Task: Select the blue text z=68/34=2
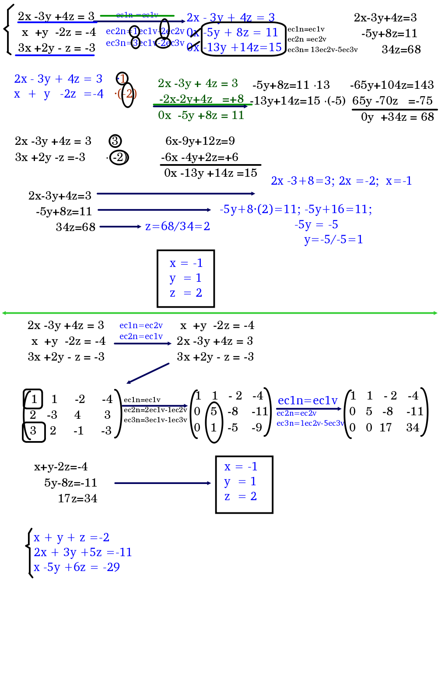[x=177, y=226]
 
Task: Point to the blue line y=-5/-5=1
[x=333, y=239]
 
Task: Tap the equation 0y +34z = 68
[x=397, y=117]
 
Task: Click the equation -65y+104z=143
[x=392, y=85]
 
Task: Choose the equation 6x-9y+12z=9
[x=200, y=141]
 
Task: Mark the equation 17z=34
[x=77, y=498]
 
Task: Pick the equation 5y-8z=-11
[x=70, y=483]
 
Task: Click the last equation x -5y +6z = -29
[x=77, y=567]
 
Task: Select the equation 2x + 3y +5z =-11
[x=83, y=552]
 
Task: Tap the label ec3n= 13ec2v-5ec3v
[x=322, y=49]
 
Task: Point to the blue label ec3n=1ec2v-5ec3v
[x=310, y=423]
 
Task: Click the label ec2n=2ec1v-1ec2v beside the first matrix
[x=155, y=410]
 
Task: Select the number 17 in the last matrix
[x=385, y=428]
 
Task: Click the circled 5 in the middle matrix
[x=213, y=411]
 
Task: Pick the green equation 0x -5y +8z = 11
[x=201, y=115]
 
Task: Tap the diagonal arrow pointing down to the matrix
[x=147, y=373]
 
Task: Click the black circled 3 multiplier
[x=115, y=141]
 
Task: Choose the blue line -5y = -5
[x=316, y=224]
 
